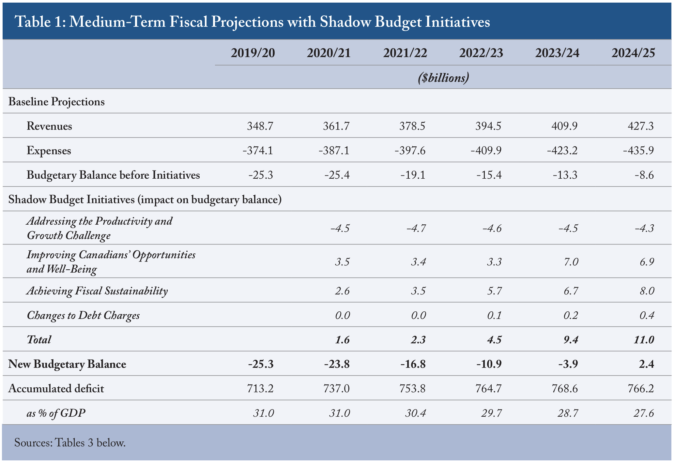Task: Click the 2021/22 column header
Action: (405, 53)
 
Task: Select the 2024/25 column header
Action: (633, 53)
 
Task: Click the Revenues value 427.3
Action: (641, 126)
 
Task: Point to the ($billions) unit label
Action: (443, 78)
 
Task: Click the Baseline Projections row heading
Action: (56, 102)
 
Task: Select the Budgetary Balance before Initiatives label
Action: (113, 175)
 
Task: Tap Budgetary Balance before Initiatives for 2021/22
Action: (413, 175)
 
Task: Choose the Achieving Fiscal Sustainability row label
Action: (97, 291)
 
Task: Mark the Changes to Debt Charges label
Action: (83, 315)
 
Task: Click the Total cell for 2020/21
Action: (342, 340)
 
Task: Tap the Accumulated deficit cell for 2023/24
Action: (564, 388)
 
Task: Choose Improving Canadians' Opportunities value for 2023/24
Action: (571, 262)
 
